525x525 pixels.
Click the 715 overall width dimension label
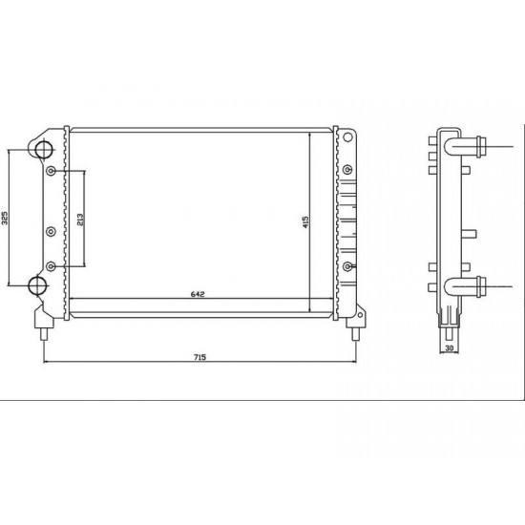pos(199,357)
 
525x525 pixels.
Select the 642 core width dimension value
pos(198,294)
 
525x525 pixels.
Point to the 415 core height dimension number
pos(305,222)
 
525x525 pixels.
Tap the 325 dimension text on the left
pos(5,218)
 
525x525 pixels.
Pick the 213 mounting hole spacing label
pos(80,220)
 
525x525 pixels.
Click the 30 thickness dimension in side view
pos(449,348)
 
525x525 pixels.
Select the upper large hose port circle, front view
pos(43,149)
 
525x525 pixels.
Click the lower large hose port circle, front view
pos(37,285)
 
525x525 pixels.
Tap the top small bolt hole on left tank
pos(51,171)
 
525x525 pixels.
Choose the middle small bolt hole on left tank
pos(51,231)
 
